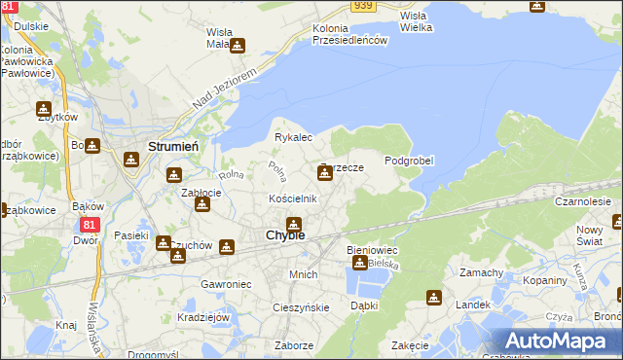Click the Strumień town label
(x=173, y=146)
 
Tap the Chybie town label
(x=285, y=235)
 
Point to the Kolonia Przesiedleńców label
(x=350, y=33)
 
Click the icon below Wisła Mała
(x=237, y=45)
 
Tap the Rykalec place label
(x=292, y=137)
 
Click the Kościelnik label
(x=293, y=198)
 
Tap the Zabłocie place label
(x=202, y=193)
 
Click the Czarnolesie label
(x=582, y=201)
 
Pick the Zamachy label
(x=481, y=272)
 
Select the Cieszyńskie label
(x=301, y=307)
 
